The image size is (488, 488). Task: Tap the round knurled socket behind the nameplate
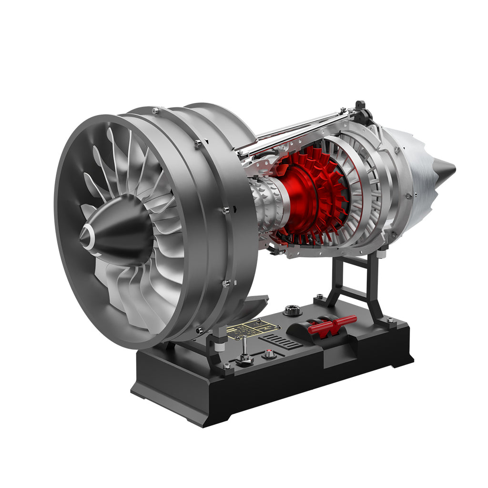(292, 311)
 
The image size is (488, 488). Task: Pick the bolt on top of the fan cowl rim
(155, 111)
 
